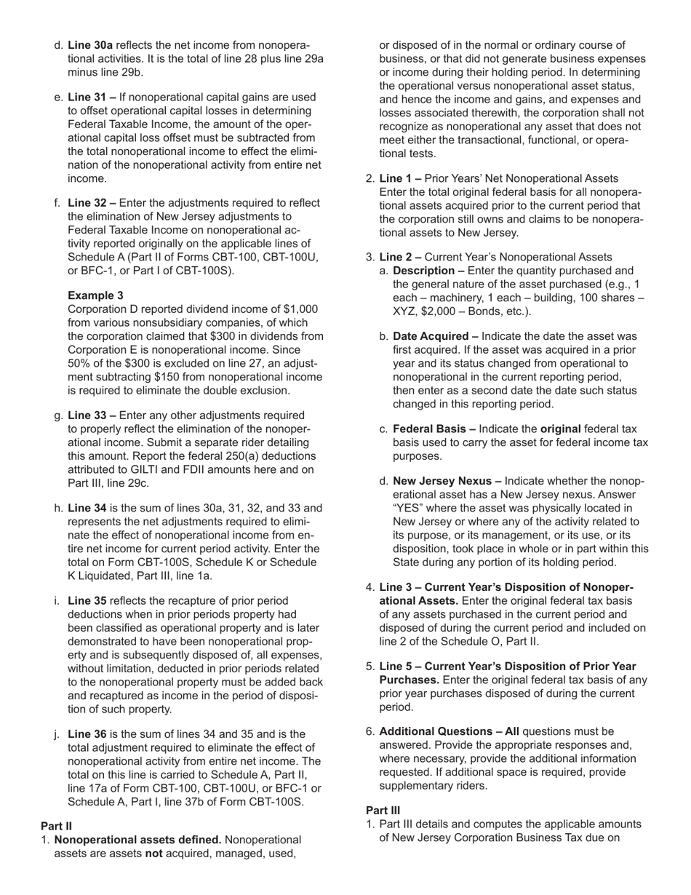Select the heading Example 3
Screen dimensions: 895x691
click(95, 295)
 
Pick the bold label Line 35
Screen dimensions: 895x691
click(87, 601)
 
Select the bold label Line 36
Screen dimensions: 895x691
click(87, 734)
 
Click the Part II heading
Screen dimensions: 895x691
click(56, 826)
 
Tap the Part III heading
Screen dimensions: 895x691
click(383, 811)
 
